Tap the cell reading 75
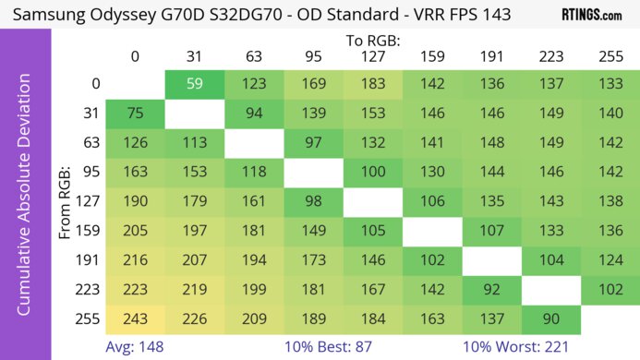pyautogui.click(x=135, y=114)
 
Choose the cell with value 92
pyautogui.click(x=492, y=290)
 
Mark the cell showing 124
pyautogui.click(x=610, y=260)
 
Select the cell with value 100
pyautogui.click(x=373, y=173)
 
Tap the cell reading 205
pyautogui.click(x=135, y=231)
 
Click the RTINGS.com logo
pyautogui.click(x=591, y=15)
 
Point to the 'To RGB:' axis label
pyautogui.click(x=374, y=41)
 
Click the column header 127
pyautogui.click(x=373, y=57)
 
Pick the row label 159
pyautogui.click(x=90, y=231)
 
